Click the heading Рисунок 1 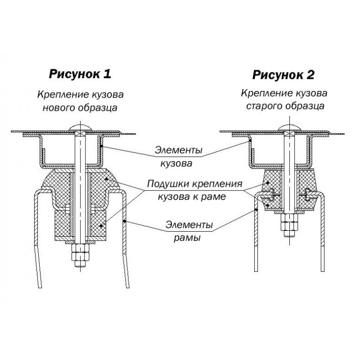click(80, 74)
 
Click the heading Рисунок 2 click(283, 75)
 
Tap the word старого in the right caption click(264, 106)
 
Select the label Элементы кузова click(178, 157)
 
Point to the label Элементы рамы click(189, 231)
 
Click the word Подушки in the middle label click(168, 184)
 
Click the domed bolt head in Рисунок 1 click(80, 128)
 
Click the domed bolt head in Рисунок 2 click(289, 128)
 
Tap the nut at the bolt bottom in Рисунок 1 click(80, 252)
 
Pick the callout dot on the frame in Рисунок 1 click(124, 221)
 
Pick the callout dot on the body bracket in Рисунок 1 click(100, 146)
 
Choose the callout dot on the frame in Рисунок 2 click(256, 209)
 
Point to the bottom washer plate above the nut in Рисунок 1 click(80, 242)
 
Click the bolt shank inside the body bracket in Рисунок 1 click(80, 149)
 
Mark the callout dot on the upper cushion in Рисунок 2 click(268, 183)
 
